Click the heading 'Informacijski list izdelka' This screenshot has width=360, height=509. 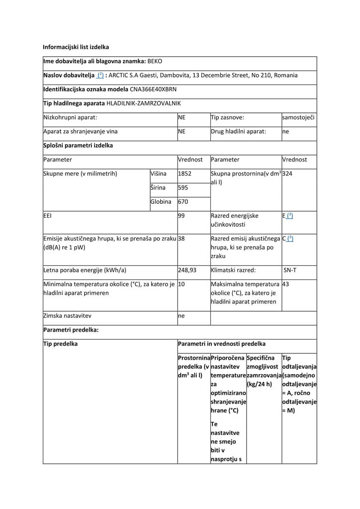pyautogui.click(x=76, y=47)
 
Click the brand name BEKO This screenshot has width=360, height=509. pyautogui.click(x=155, y=62)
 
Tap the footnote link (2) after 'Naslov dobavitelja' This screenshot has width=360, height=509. pyautogui.click(x=100, y=76)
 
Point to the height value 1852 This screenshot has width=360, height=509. pyautogui.click(x=184, y=174)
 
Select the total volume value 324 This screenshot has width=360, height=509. pyautogui.click(x=287, y=174)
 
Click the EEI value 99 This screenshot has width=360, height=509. pyautogui.click(x=181, y=216)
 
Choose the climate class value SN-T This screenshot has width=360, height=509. pyautogui.click(x=290, y=270)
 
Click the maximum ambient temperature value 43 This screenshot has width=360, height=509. pyautogui.click(x=285, y=284)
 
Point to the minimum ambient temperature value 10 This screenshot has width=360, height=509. pyautogui.click(x=181, y=284)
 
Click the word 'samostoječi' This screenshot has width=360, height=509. pyautogui.click(x=298, y=118)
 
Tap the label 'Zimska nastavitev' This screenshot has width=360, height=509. pyautogui.click(x=68, y=316)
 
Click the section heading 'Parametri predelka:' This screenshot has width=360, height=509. pyautogui.click(x=71, y=330)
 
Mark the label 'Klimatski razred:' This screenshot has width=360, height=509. pyautogui.click(x=233, y=270)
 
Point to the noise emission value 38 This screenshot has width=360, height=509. pyautogui.click(x=181, y=239)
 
